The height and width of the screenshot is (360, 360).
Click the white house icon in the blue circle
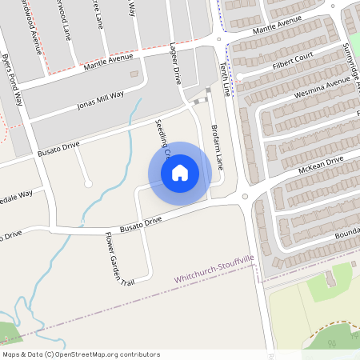(x=180, y=173)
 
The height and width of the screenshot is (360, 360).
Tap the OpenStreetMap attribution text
(x=81, y=354)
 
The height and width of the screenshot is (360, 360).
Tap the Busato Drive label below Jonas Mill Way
(x=60, y=146)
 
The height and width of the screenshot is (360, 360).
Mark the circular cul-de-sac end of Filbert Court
(x=238, y=76)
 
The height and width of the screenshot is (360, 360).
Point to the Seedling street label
(x=162, y=136)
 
